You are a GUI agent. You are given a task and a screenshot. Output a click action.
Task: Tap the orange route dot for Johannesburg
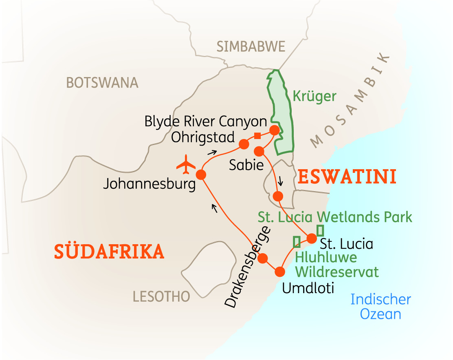click(x=201, y=175)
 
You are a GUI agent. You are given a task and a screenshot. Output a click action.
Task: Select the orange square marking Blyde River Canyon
click(x=257, y=136)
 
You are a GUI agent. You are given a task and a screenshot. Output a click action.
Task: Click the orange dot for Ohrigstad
click(x=244, y=144)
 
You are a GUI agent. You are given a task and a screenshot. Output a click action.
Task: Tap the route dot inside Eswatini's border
click(x=278, y=196)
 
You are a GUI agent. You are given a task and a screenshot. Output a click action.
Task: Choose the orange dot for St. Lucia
click(x=312, y=238)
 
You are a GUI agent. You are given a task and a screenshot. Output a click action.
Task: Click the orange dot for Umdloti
click(x=280, y=272)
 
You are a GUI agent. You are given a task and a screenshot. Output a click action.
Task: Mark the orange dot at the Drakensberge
click(x=262, y=258)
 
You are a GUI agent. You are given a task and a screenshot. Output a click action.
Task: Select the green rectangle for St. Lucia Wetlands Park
click(x=320, y=230)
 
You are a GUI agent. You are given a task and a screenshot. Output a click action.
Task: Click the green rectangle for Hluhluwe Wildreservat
click(x=297, y=241)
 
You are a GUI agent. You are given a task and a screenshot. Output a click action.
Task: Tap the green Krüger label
click(x=314, y=97)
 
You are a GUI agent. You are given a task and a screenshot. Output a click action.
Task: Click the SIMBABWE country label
click(x=251, y=47)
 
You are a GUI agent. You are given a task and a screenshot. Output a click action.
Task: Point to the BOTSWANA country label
click(x=102, y=83)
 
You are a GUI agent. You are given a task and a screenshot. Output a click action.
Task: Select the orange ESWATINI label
click(x=347, y=177)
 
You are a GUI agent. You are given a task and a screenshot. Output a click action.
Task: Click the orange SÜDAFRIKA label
click(x=109, y=252)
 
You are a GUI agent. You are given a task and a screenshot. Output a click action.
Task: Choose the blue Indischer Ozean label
click(x=380, y=307)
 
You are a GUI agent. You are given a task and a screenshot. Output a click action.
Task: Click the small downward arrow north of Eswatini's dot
click(x=280, y=180)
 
